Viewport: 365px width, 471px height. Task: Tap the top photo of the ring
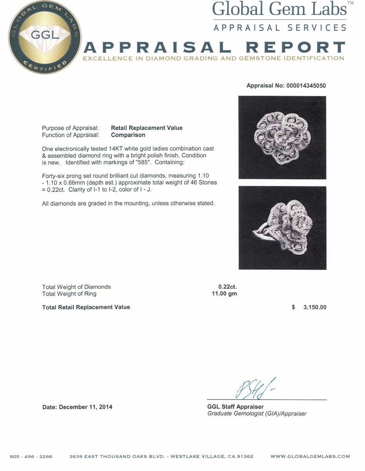point(282,137)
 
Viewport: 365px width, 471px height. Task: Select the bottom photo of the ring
point(282,228)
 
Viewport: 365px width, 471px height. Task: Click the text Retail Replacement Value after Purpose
point(147,128)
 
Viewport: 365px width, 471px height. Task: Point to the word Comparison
point(128,135)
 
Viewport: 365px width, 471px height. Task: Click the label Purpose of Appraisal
point(70,128)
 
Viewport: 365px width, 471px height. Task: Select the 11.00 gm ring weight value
point(224,294)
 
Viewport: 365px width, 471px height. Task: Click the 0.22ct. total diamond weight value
point(227,287)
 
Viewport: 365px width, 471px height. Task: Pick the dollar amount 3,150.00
point(314,307)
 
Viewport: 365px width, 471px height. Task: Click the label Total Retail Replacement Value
point(86,307)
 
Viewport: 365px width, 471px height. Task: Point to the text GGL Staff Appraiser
point(235,407)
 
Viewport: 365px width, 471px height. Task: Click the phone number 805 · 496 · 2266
point(31,456)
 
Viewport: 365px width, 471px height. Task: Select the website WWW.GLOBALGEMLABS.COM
point(310,456)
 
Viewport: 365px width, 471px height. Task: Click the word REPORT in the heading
point(295,48)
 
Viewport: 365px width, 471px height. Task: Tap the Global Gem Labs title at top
point(279,9)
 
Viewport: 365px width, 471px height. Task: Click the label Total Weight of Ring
point(69,294)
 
